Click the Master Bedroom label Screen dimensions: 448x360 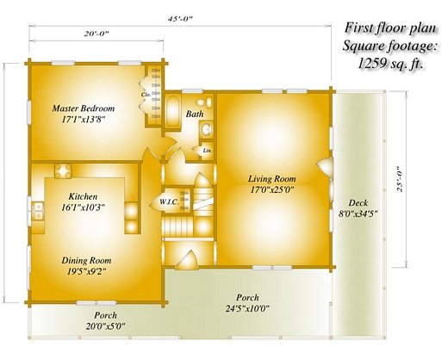(x=84, y=109)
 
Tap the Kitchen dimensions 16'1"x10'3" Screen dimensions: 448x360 (x=83, y=207)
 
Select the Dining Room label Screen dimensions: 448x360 (x=86, y=261)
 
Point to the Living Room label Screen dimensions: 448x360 (x=272, y=179)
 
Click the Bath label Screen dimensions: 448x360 (x=195, y=114)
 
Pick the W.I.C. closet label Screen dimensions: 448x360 (x=170, y=202)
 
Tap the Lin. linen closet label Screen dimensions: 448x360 (x=207, y=150)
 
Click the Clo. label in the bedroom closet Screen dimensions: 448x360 (x=144, y=95)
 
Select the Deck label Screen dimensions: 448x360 (x=358, y=203)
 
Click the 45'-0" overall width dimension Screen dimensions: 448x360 (x=180, y=19)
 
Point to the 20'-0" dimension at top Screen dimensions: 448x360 (x=96, y=34)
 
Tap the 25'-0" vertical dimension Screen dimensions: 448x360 (x=400, y=179)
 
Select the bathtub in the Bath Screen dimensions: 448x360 (x=173, y=111)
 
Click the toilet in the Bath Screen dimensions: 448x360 (x=204, y=102)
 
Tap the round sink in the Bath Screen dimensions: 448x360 (x=206, y=129)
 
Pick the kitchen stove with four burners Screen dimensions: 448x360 (x=63, y=171)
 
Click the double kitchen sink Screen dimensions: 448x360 (x=38, y=211)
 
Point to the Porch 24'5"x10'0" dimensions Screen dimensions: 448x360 (x=247, y=308)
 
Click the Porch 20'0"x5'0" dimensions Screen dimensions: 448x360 (x=105, y=326)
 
